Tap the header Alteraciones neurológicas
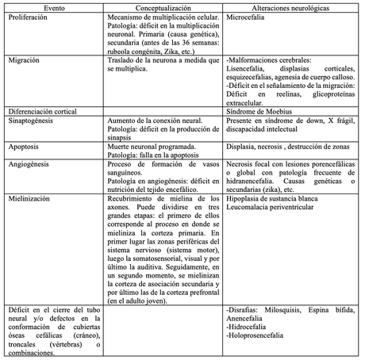290,5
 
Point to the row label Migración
25,60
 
